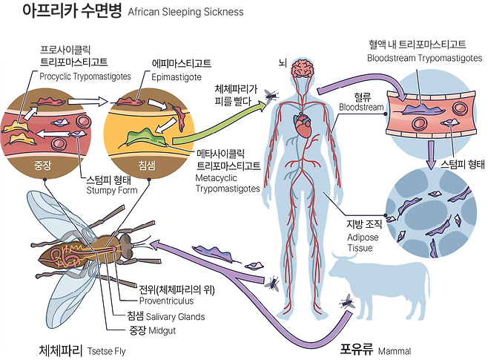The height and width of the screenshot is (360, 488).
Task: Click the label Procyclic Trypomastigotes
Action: tap(80, 76)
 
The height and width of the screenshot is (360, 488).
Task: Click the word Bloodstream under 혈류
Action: tap(361, 108)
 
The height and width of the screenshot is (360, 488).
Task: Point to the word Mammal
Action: tap(394, 349)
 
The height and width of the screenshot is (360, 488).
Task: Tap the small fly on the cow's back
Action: tap(347, 300)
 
